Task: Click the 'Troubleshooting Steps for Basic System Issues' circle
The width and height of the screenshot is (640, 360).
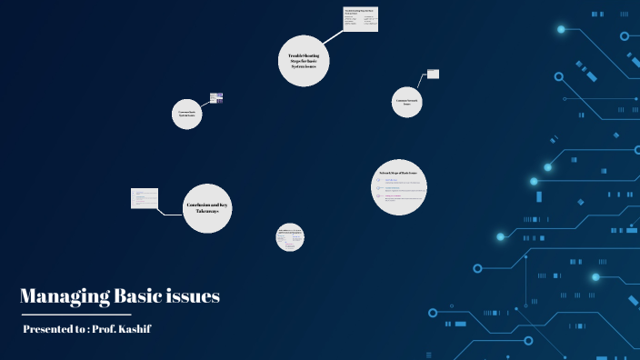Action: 304,62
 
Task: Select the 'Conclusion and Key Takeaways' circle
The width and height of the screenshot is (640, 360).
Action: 207,207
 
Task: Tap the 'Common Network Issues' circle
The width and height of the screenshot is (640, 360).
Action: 406,102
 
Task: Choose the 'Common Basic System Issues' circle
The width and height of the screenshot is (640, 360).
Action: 187,115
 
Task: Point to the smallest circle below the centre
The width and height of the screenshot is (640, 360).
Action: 290,238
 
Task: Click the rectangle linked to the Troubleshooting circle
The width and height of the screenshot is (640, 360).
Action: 361,19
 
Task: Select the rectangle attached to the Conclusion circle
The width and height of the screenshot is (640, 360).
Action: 145,197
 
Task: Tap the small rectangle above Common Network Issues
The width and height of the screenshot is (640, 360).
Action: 433,74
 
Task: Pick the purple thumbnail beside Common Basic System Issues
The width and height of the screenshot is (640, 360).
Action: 216,97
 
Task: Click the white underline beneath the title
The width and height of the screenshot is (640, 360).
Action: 64,314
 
